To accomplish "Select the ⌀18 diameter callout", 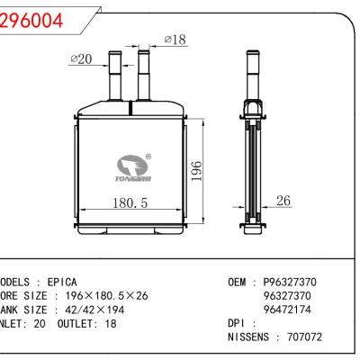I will pos(175,39).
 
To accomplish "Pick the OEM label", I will pos(237,281).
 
